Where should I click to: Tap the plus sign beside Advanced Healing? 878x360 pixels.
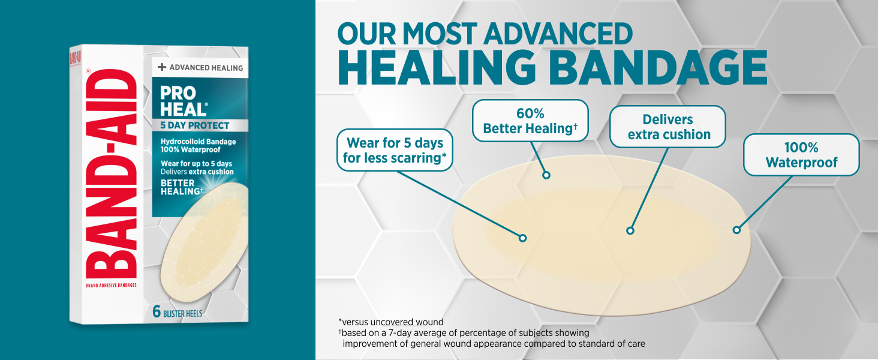pyautogui.click(x=162, y=67)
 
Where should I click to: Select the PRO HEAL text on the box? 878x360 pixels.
pyautogui.click(x=183, y=101)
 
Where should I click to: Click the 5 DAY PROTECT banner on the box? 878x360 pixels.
pyautogui.click(x=200, y=125)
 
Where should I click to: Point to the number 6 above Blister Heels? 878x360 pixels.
pyautogui.click(x=157, y=312)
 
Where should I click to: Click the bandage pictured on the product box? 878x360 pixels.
pyautogui.click(x=205, y=242)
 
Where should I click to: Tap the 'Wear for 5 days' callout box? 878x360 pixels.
pyautogui.click(x=395, y=150)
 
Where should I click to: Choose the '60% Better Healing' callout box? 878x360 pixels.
pyautogui.click(x=530, y=121)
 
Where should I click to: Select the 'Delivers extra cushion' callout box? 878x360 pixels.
pyautogui.click(x=668, y=127)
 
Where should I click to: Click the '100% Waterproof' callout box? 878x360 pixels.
pyautogui.click(x=802, y=155)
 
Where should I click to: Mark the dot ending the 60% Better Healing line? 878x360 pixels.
pyautogui.click(x=546, y=175)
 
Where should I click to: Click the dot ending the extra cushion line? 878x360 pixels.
pyautogui.click(x=630, y=230)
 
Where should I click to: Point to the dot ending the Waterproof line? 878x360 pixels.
pyautogui.click(x=737, y=230)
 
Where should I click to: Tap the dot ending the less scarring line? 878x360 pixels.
pyautogui.click(x=522, y=238)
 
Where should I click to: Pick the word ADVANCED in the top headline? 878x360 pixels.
pyautogui.click(x=558, y=34)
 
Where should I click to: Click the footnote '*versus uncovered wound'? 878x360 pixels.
pyautogui.click(x=391, y=322)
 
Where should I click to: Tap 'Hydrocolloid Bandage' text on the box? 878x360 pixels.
pyautogui.click(x=199, y=142)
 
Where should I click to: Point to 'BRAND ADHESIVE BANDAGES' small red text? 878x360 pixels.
pyautogui.click(x=112, y=285)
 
